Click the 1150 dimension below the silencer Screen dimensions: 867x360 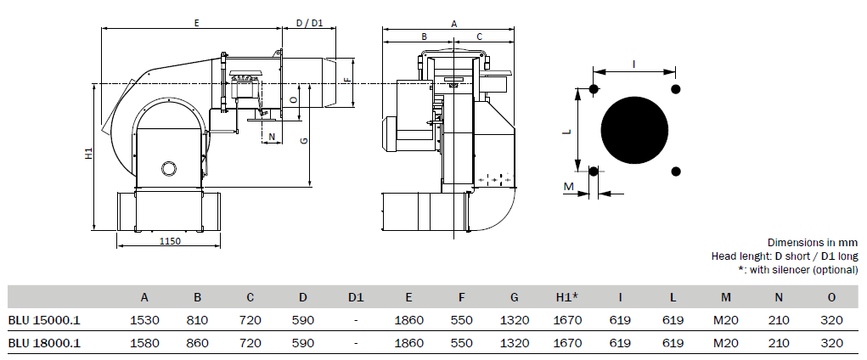(x=171, y=240)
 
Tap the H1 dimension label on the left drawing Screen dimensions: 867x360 (x=88, y=154)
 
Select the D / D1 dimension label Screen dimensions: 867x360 (x=309, y=23)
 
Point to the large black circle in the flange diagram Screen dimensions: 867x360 (x=634, y=131)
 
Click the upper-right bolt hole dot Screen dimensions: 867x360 (x=676, y=88)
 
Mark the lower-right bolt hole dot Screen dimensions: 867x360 (x=676, y=172)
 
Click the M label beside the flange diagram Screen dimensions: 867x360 (x=568, y=186)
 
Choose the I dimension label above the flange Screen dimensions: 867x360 (x=633, y=65)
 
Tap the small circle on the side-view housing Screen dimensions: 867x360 (x=167, y=167)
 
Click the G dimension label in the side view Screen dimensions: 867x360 (x=303, y=141)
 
